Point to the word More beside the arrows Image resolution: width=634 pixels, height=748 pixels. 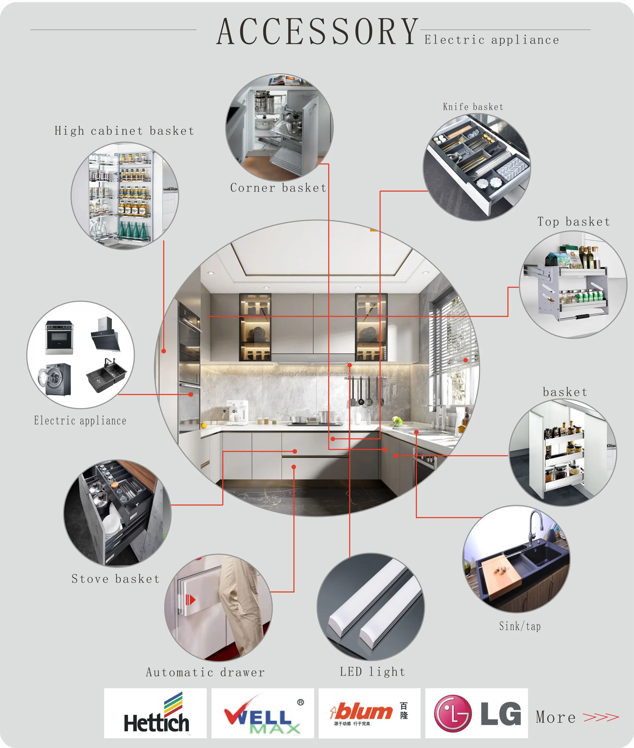click(x=556, y=717)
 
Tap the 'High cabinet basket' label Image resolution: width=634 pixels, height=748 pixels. click(x=124, y=131)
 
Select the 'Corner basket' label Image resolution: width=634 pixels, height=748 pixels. click(x=278, y=188)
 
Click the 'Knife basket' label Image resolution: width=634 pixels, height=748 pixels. click(x=473, y=107)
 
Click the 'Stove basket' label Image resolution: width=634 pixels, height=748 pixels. click(x=115, y=579)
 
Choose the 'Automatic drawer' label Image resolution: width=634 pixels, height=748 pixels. click(x=205, y=672)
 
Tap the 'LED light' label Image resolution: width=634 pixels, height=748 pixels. click(x=372, y=671)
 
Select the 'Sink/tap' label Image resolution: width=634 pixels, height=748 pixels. click(x=520, y=626)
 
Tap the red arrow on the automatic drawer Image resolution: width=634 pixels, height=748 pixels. click(x=190, y=600)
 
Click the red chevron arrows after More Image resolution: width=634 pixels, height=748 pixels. click(x=601, y=717)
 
